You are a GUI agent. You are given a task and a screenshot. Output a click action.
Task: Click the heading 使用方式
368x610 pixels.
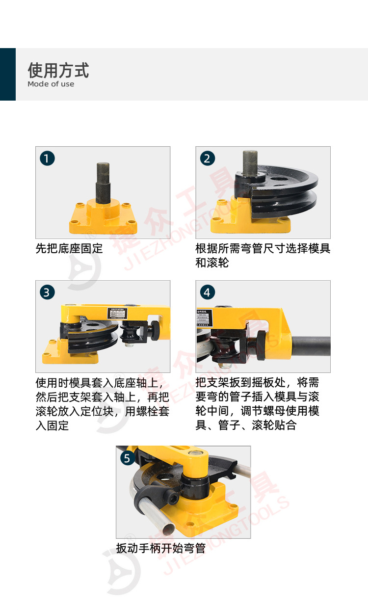(x=58, y=71)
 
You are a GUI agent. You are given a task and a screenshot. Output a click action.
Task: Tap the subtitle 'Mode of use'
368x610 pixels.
(x=51, y=84)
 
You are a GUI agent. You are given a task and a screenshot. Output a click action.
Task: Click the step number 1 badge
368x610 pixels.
(x=47, y=159)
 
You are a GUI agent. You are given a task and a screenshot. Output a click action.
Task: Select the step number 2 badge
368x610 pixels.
(x=207, y=159)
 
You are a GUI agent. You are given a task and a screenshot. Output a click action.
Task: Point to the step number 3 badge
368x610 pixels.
(x=47, y=292)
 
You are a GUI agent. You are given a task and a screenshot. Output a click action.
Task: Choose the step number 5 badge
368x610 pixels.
(x=127, y=458)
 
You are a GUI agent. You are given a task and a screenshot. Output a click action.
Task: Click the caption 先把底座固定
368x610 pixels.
(x=69, y=248)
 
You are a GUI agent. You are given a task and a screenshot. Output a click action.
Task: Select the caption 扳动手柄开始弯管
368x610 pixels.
(x=160, y=548)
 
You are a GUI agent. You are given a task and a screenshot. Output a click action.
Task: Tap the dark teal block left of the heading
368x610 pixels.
(x=8, y=74)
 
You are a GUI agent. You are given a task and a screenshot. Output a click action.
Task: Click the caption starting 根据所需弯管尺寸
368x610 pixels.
(x=263, y=255)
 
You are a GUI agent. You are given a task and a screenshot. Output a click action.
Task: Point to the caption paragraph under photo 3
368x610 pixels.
(x=103, y=404)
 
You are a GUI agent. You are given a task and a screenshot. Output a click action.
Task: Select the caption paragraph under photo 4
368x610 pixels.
(x=258, y=404)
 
